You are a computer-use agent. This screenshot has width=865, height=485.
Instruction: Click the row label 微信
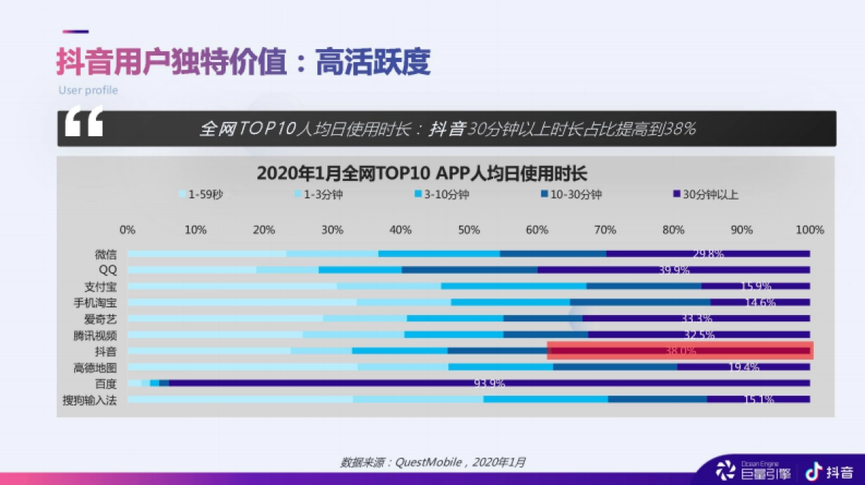click(x=105, y=254)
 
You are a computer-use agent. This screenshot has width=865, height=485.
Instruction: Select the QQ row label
click(x=107, y=270)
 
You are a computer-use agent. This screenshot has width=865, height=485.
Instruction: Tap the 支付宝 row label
click(x=100, y=286)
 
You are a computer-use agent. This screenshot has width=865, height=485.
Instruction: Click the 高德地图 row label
click(x=94, y=368)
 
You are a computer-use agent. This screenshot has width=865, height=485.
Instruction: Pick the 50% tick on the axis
click(x=469, y=230)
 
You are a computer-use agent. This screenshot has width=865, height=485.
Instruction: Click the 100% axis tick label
click(x=809, y=230)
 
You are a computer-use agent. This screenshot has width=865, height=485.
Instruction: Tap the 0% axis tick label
click(x=128, y=230)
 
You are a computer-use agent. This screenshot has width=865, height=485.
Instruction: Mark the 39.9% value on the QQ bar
click(x=674, y=270)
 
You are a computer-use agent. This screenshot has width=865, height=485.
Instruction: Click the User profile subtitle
click(x=88, y=91)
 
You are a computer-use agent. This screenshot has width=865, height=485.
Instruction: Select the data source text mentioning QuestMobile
click(x=432, y=462)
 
